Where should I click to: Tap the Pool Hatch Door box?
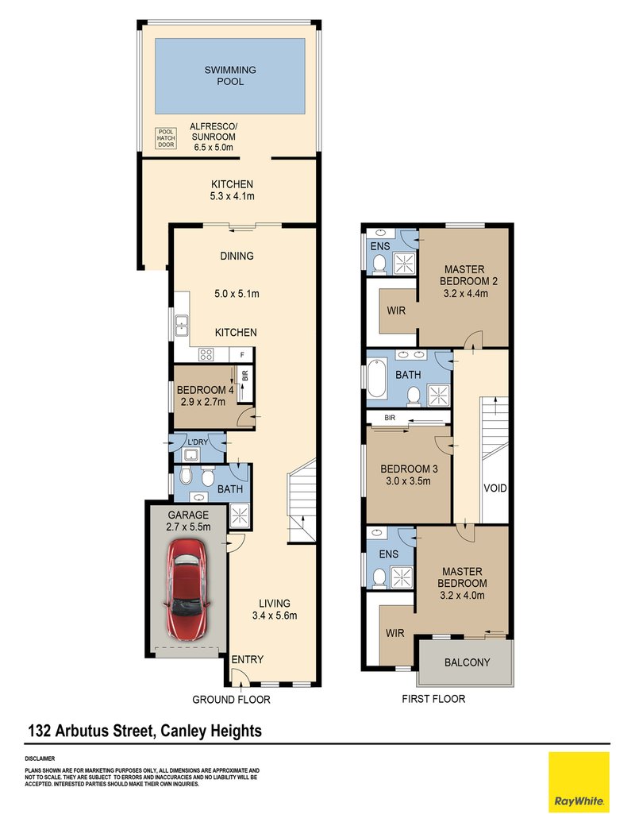(x=166, y=138)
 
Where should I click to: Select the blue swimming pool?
(x=229, y=76)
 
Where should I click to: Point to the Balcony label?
(x=467, y=662)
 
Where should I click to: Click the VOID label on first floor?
(x=495, y=488)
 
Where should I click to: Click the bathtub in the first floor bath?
(x=378, y=380)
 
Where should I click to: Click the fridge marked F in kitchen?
(x=241, y=355)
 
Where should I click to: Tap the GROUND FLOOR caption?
(x=231, y=700)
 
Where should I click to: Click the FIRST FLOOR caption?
(x=433, y=699)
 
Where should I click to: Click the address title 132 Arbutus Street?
(x=144, y=730)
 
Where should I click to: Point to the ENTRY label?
(x=247, y=660)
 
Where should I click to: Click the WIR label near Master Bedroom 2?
(x=397, y=311)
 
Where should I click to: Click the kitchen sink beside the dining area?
(x=182, y=323)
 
